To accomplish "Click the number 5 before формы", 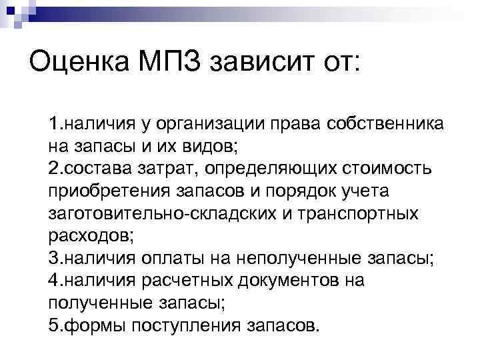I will pos(53,326).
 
